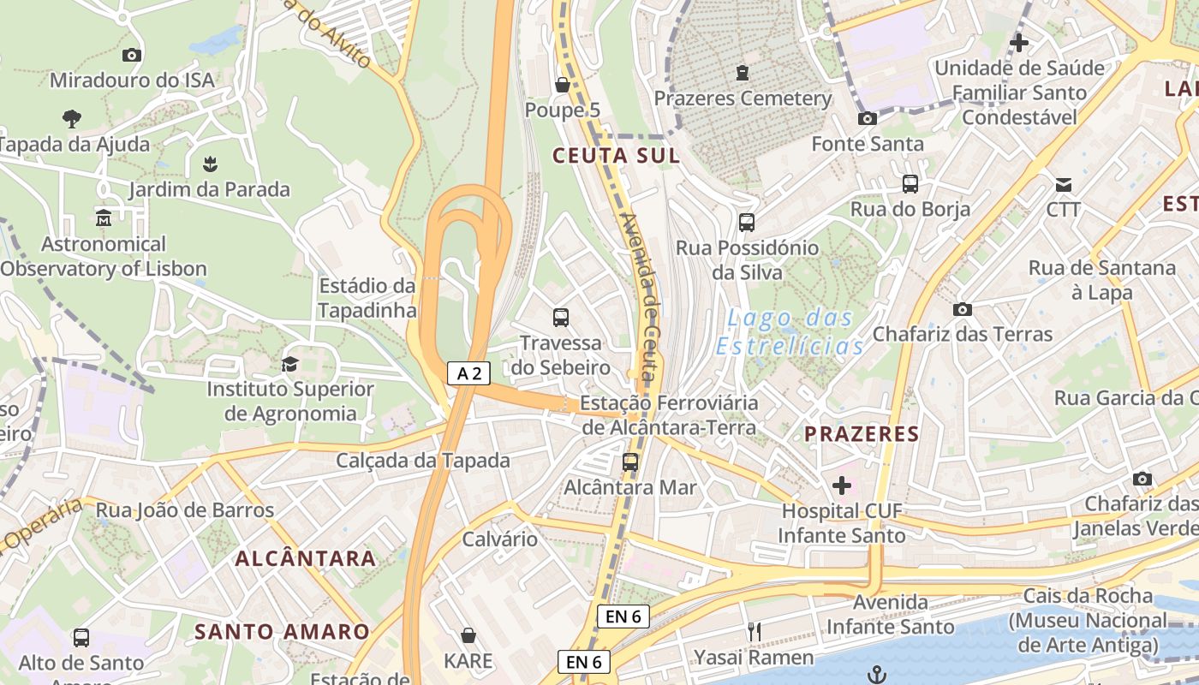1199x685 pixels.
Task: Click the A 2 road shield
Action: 468,373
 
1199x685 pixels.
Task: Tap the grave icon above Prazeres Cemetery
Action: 743,73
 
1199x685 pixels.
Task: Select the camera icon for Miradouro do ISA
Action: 131,55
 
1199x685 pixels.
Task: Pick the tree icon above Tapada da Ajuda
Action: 72,118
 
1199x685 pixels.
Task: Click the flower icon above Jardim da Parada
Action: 210,163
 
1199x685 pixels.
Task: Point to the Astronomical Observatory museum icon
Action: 104,218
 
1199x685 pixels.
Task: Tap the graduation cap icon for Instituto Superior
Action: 289,364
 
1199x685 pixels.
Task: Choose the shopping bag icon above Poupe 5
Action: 563,85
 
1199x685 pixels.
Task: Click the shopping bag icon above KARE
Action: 468,635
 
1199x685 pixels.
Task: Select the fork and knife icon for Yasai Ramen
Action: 755,632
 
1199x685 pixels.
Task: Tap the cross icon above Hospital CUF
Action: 842,485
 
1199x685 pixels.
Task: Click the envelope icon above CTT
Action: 1064,184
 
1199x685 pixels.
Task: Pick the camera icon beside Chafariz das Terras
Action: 963,309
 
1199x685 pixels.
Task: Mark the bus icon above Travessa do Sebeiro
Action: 561,318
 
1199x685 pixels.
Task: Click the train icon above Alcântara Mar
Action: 630,462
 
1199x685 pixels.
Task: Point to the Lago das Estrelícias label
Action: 790,332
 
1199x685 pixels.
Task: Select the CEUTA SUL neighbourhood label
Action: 616,156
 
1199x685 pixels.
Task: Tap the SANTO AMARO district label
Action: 282,632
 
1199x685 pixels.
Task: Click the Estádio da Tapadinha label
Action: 367,297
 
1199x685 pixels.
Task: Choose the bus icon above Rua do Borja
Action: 910,183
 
